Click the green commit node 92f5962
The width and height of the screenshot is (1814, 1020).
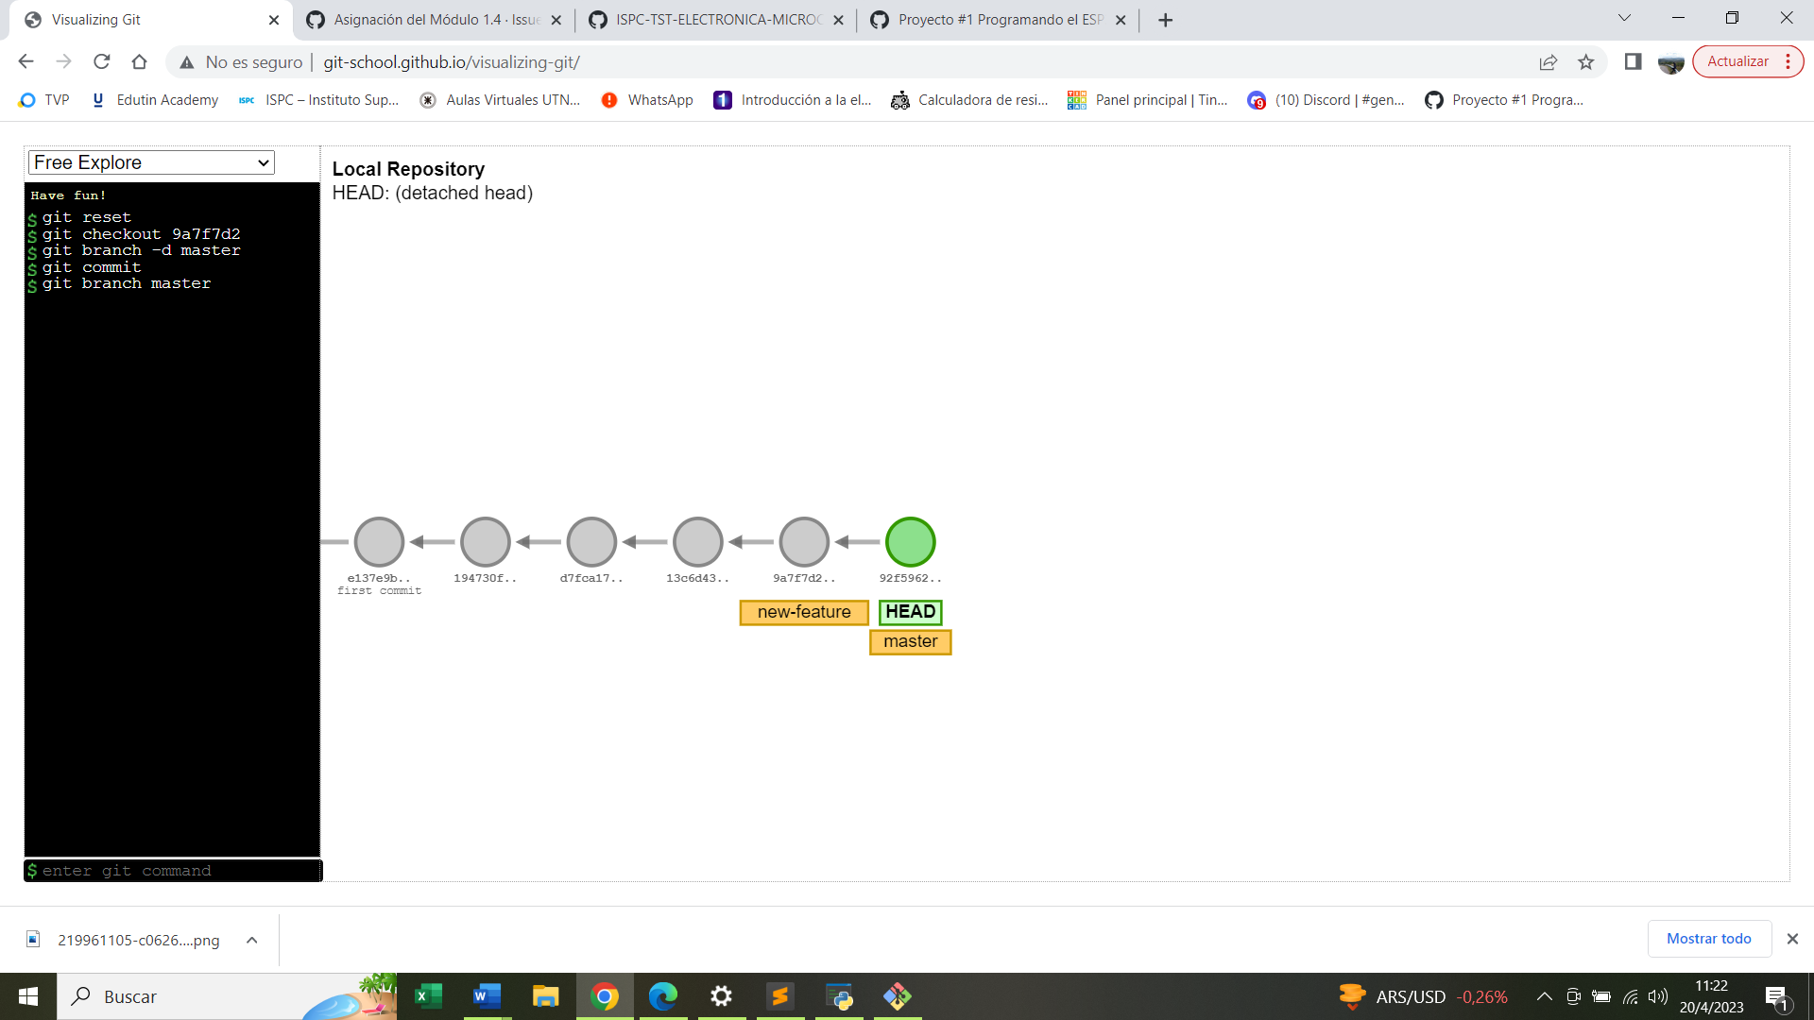tap(910, 542)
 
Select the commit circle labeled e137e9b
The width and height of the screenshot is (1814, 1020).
tap(379, 542)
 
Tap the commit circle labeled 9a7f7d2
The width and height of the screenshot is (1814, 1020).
tap(804, 542)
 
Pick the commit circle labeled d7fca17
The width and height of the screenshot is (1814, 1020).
tap(591, 542)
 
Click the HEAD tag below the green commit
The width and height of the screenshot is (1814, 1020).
tap(910, 612)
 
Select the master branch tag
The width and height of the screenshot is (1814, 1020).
tap(910, 642)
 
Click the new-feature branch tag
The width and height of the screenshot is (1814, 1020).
tap(804, 612)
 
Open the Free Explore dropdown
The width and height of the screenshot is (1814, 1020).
tap(151, 162)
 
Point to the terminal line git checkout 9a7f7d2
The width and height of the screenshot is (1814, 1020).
tap(141, 234)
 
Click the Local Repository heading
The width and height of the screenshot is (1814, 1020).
tap(408, 169)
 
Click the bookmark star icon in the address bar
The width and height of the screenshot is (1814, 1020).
tap(1586, 62)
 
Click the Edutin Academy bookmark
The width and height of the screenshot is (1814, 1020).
tap(155, 100)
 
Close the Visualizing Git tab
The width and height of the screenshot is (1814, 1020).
tap(274, 20)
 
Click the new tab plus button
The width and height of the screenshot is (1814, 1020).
tap(1166, 20)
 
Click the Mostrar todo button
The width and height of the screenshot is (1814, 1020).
tap(1708, 939)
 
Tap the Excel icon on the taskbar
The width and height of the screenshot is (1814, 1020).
tap(428, 996)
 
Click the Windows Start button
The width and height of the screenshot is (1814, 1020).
tap(28, 996)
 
